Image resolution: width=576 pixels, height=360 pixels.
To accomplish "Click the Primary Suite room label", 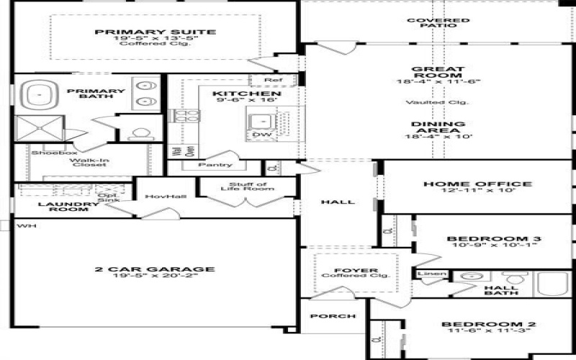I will click(155, 32).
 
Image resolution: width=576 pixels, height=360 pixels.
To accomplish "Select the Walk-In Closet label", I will click(89, 161).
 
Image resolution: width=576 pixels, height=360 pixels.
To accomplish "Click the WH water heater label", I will click(27, 226).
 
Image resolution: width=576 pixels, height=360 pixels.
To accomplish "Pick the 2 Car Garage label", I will click(154, 269).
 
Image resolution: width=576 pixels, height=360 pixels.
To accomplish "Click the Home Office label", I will click(477, 184).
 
